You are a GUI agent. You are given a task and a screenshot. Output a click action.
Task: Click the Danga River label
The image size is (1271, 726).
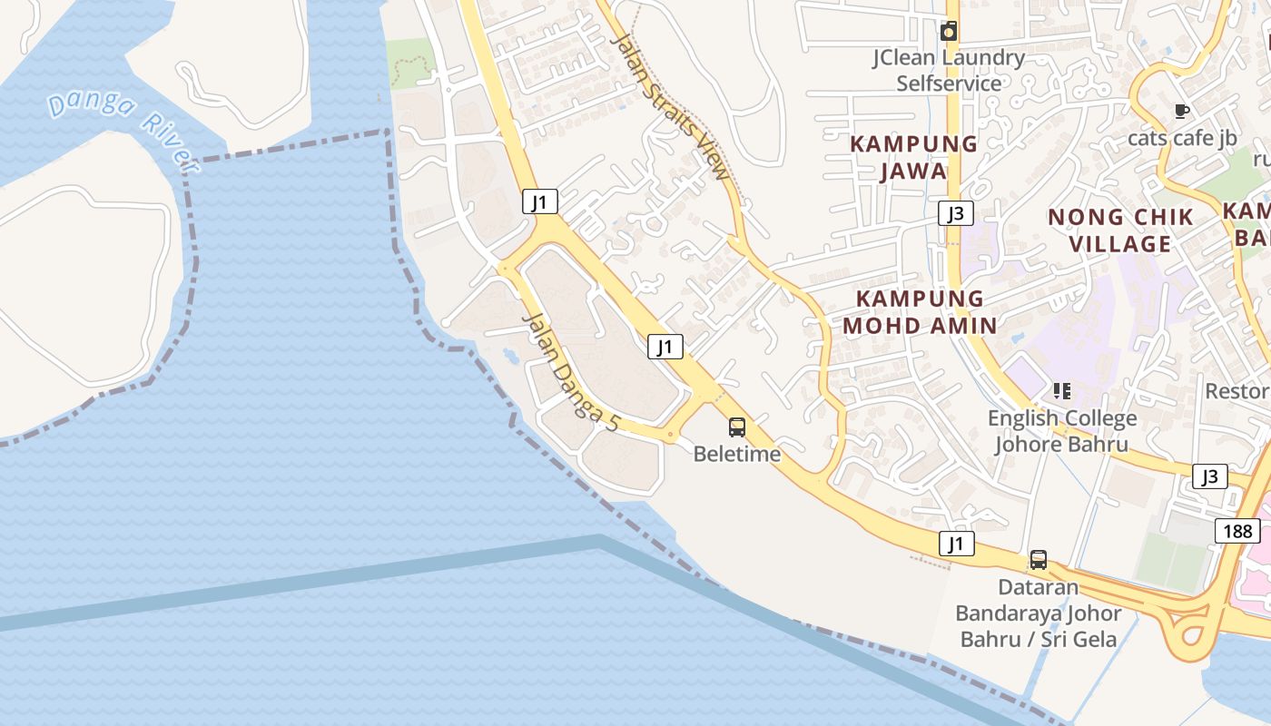click(123, 131)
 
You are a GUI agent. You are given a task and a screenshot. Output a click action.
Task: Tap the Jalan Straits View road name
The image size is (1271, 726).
click(671, 106)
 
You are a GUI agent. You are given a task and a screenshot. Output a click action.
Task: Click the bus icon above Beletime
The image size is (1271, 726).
click(737, 427)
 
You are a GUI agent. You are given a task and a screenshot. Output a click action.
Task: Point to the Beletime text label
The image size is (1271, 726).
click(737, 453)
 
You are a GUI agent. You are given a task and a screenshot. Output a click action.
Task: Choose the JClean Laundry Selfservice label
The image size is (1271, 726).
click(949, 71)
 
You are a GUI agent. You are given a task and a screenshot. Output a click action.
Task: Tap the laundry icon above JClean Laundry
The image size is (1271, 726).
click(949, 32)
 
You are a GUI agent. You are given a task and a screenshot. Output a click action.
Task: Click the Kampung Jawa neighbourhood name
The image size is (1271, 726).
click(913, 157)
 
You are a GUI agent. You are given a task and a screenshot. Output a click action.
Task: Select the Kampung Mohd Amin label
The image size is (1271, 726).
click(920, 311)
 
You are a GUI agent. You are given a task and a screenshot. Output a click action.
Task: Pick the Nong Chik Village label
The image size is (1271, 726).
click(1120, 231)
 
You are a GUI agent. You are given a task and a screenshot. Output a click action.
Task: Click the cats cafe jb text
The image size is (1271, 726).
click(1182, 138)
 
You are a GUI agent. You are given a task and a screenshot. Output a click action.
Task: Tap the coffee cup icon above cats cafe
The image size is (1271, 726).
click(1181, 112)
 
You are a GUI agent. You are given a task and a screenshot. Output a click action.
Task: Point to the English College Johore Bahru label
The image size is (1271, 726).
click(1062, 431)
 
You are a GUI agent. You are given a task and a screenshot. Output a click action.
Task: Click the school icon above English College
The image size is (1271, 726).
click(1062, 391)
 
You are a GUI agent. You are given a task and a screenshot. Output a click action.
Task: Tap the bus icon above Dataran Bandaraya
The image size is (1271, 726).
click(1039, 560)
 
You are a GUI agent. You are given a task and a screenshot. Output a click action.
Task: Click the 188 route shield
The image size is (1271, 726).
click(1237, 531)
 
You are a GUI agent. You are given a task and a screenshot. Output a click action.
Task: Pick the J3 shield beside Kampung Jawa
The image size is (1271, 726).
click(955, 213)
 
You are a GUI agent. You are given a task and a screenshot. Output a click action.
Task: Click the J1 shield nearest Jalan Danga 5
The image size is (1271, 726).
click(665, 346)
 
